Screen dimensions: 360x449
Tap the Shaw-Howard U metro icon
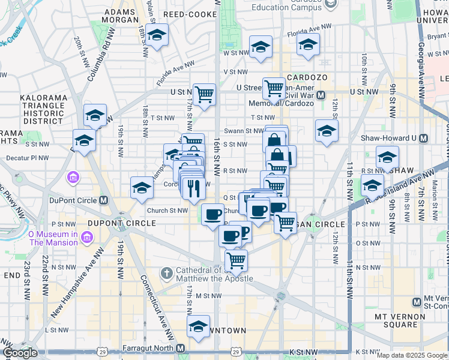pos(424,138)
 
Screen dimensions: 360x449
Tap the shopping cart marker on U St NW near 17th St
pos(205,94)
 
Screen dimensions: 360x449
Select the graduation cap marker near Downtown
pos(197,326)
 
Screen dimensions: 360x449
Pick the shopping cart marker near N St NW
pos(236,260)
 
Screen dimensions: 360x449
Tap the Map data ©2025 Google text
pos(412,355)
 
